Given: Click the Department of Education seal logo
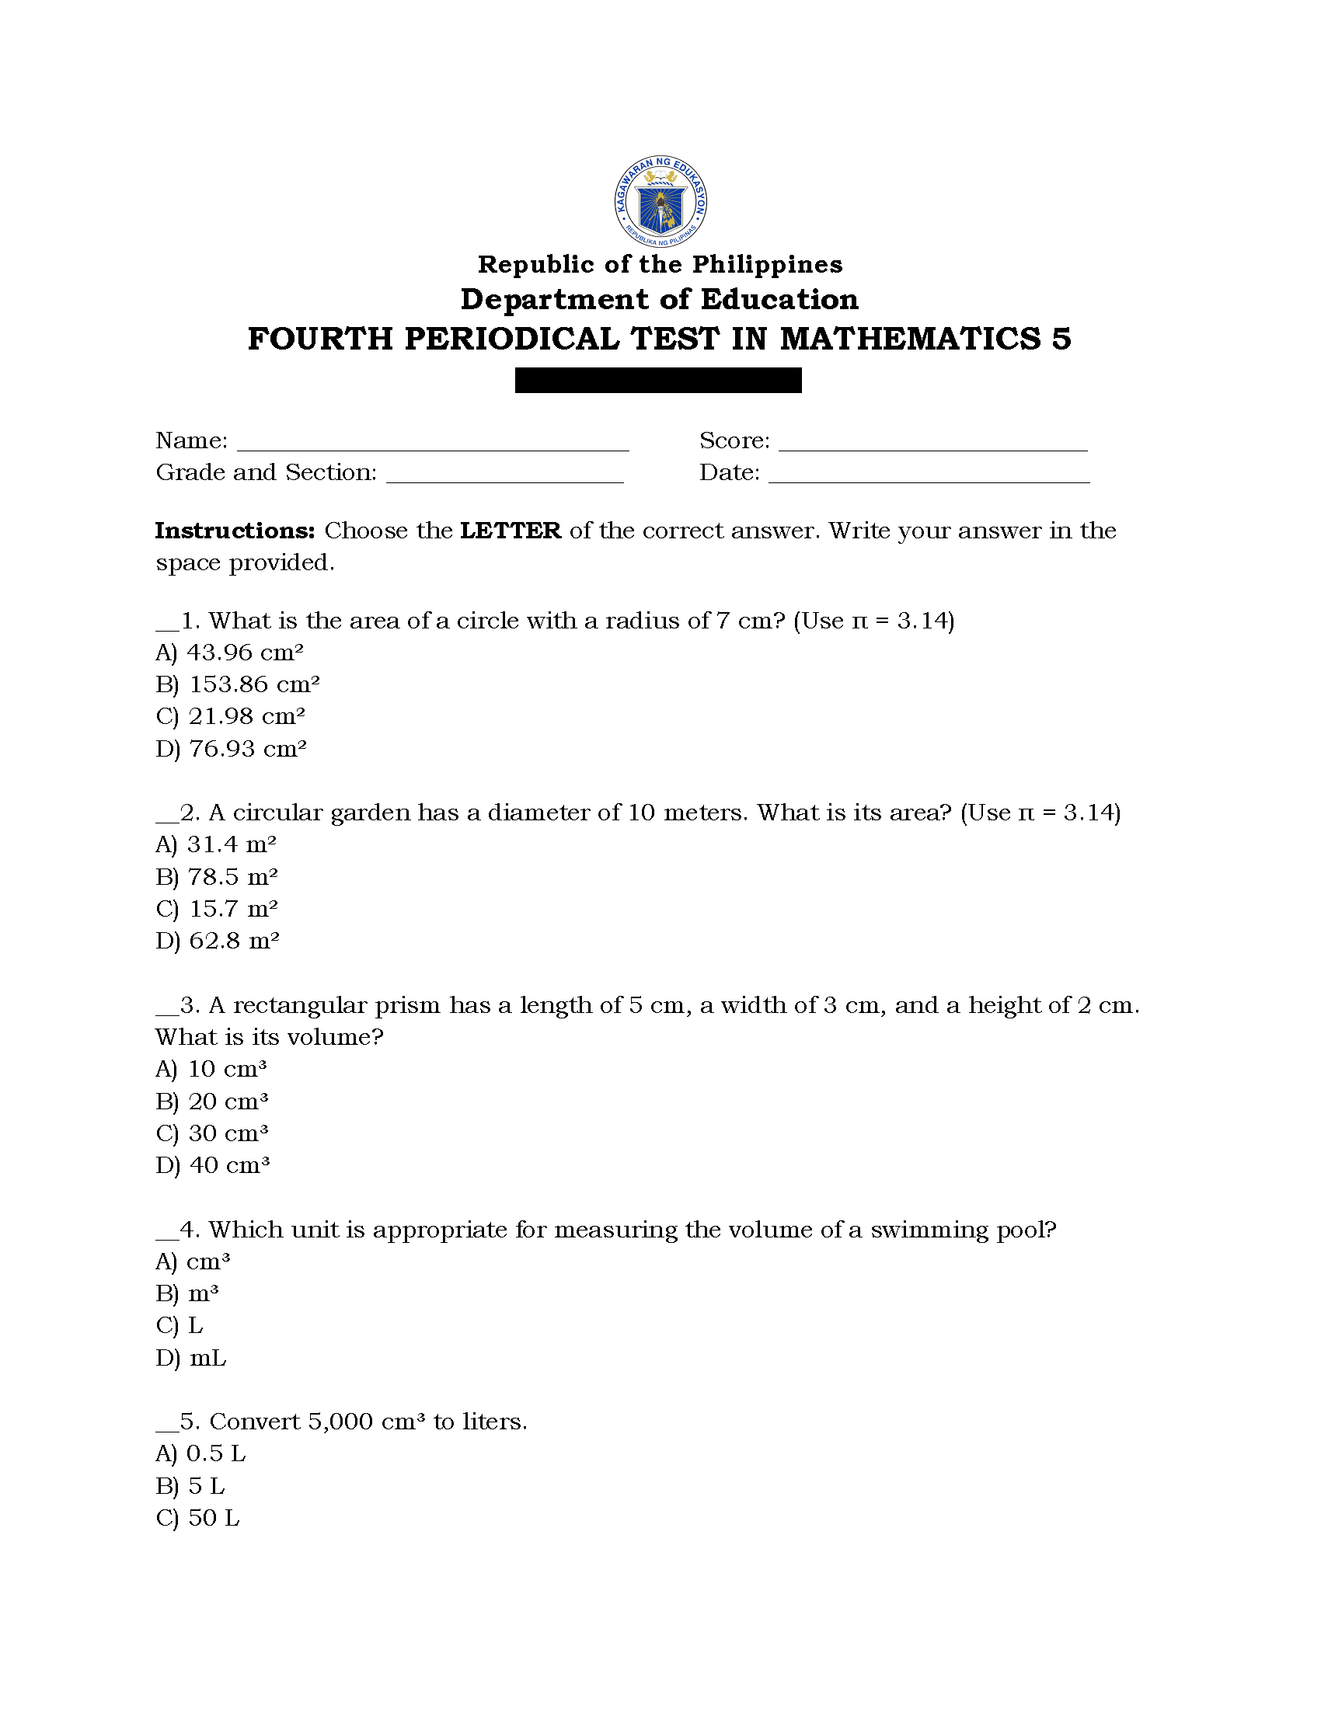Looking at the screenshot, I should pos(660,201).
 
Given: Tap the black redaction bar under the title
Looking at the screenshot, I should pos(658,381).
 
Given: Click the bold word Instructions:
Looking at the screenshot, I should pos(235,531).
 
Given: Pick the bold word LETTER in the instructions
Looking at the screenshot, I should pos(511,531).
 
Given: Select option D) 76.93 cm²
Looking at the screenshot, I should pos(231,749).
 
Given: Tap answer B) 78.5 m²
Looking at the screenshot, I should pos(217,877).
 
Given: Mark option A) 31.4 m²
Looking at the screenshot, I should pos(216,844).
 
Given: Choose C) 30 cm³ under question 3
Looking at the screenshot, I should pos(212,1133).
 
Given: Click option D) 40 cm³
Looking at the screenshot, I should pos(213,1165).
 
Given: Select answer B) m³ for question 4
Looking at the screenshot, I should pos(187,1293).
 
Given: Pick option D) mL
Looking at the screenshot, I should pos(191,1358).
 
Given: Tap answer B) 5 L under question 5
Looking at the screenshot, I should pos(190,1486).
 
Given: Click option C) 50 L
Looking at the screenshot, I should pos(197,1518).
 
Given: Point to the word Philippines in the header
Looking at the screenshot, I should pos(767,264).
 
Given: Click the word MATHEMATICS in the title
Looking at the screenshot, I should pos(911,339).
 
